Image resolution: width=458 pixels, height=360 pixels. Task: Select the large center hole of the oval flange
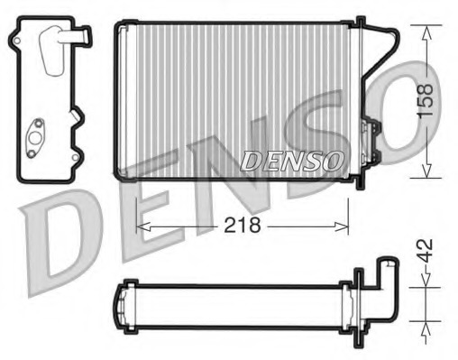click(37, 136)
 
